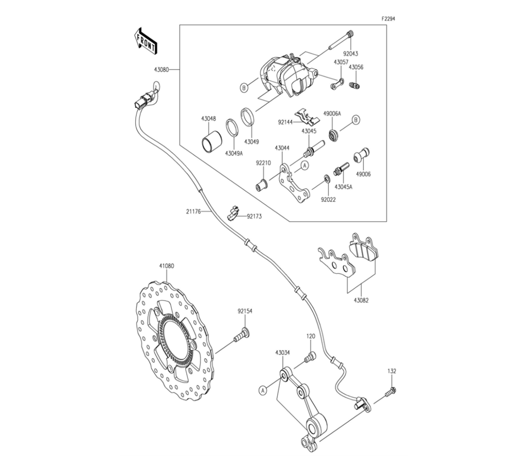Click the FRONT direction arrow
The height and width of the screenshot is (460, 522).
coord(146,41)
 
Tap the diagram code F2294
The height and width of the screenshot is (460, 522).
coord(388,19)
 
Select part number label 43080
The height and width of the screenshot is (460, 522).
coord(161,70)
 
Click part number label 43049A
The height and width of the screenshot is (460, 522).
coord(234,153)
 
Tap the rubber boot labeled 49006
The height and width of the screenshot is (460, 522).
coord(362,155)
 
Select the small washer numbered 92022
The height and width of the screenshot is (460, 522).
coord(327,178)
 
